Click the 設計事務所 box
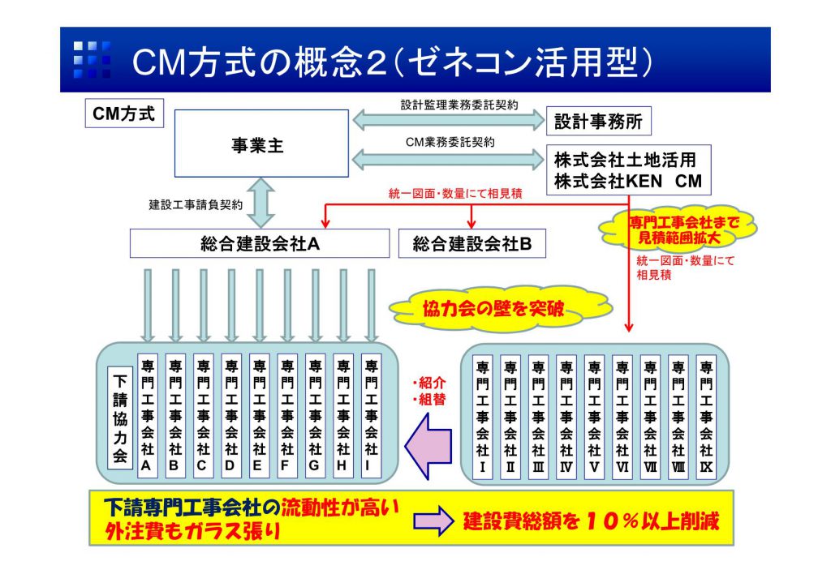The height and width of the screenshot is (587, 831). (x=598, y=122)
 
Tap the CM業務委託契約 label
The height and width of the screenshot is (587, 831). (x=450, y=141)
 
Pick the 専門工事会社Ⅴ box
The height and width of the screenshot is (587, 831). (x=594, y=416)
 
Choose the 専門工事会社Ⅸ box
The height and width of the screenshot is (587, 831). (x=706, y=416)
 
